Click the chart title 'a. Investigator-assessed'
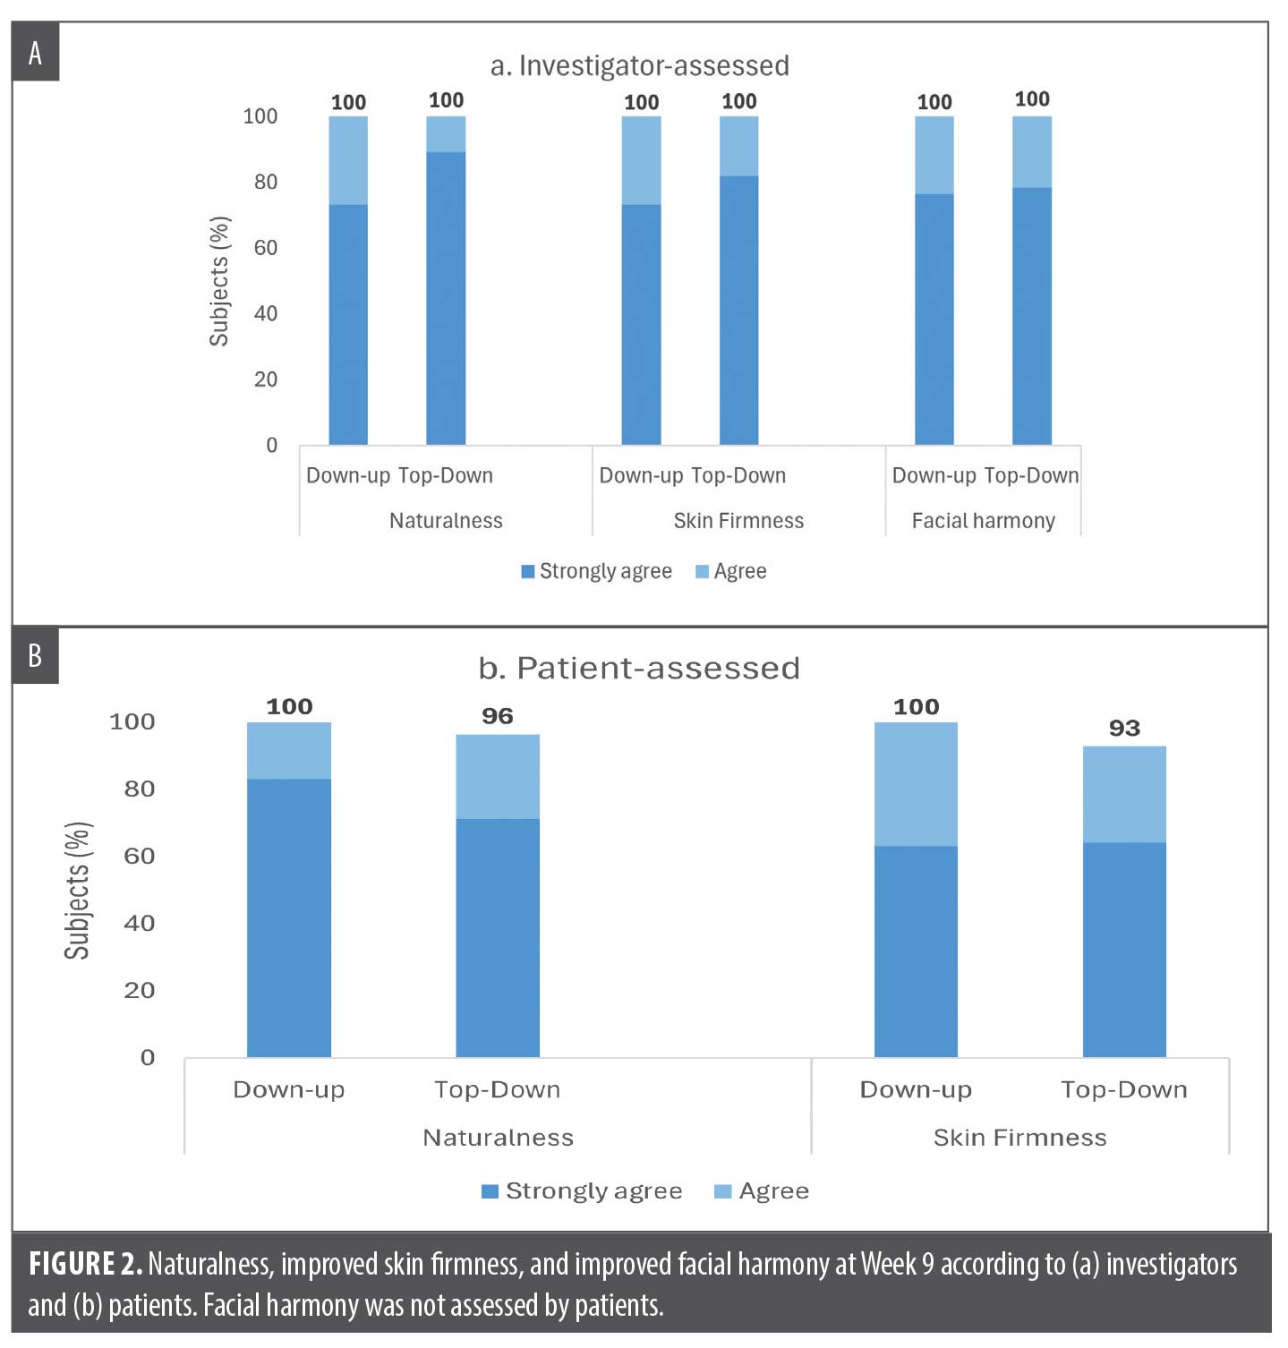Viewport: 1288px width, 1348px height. click(x=639, y=66)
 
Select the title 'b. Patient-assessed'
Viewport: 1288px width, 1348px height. click(x=639, y=669)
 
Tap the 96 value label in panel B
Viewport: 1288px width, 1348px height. click(x=498, y=716)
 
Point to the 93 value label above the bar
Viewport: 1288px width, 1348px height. click(x=1124, y=728)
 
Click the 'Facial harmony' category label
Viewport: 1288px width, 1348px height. click(x=983, y=521)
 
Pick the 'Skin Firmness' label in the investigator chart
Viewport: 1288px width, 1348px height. click(x=738, y=521)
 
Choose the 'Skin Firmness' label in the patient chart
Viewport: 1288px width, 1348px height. click(x=1019, y=1138)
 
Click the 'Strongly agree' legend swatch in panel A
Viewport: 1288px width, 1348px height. click(x=528, y=571)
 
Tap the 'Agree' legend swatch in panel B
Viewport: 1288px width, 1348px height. click(x=722, y=1191)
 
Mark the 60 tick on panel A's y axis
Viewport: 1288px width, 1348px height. click(x=266, y=248)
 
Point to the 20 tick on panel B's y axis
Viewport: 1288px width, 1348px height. click(x=140, y=991)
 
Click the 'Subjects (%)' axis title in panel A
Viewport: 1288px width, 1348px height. click(x=219, y=281)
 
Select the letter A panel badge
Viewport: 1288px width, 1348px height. click(x=35, y=54)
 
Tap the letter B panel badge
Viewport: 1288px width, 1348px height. click(x=35, y=656)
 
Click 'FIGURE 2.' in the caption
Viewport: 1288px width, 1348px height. click(x=85, y=1264)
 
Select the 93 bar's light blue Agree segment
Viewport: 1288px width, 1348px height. click(x=1124, y=795)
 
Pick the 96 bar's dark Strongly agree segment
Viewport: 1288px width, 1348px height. click(x=498, y=938)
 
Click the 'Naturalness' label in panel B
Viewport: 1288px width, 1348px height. click(x=498, y=1138)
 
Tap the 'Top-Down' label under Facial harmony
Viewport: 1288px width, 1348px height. click(x=1031, y=475)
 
